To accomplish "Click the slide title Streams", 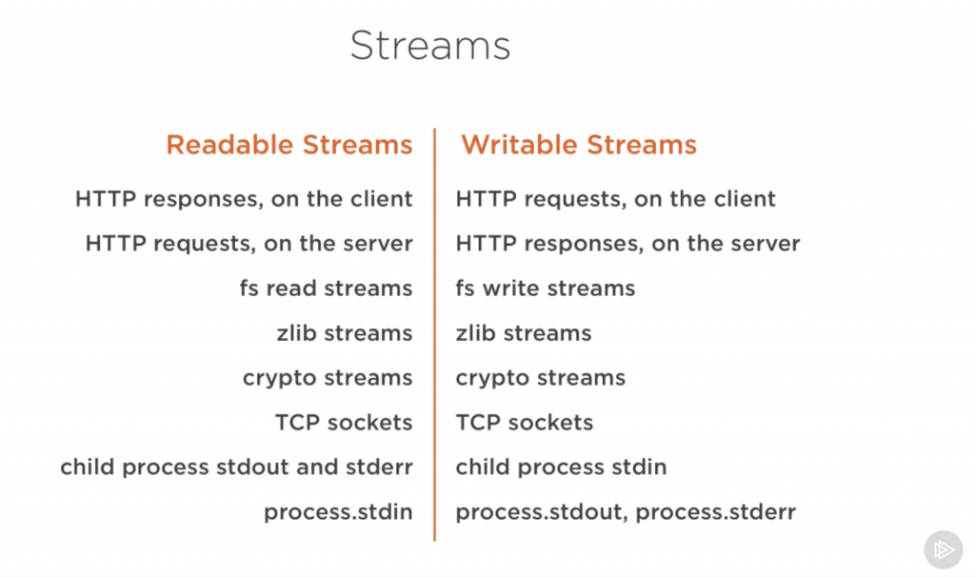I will click(430, 46).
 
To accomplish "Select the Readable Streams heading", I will click(289, 145).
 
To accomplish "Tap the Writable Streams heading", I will click(579, 145).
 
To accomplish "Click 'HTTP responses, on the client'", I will click(244, 199).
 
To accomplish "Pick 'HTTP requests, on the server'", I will click(249, 244).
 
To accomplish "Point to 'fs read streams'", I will click(326, 288).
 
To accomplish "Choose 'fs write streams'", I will click(546, 288).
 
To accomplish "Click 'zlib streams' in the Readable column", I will click(345, 333).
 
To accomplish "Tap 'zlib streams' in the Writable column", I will click(524, 333).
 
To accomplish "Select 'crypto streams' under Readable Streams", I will click(328, 378).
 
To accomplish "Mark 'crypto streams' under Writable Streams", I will click(541, 378).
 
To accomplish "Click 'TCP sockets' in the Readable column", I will click(344, 423).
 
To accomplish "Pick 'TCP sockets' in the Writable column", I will click(525, 423).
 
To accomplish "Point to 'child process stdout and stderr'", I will click(236, 468).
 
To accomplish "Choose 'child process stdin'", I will click(561, 468).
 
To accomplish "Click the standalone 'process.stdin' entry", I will click(338, 512).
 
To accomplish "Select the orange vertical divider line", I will click(435, 333).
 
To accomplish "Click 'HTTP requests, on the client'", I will click(616, 199).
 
